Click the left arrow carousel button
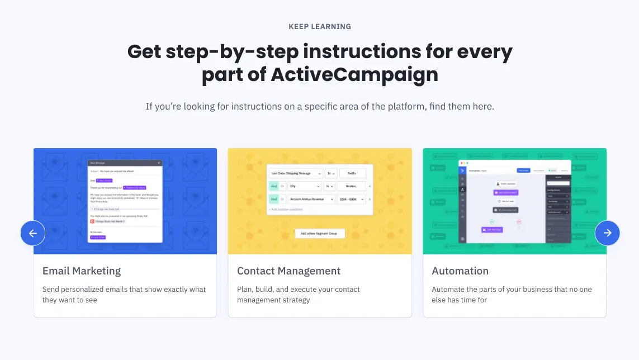pos(33,233)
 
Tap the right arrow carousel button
pos(607,233)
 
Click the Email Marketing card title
pos(82,271)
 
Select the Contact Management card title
pos(288,271)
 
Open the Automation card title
pos(460,271)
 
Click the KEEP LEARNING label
pos(320,26)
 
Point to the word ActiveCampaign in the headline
pos(354,74)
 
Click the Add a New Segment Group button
pos(320,233)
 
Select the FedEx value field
pos(352,173)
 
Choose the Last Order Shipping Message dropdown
pos(296,173)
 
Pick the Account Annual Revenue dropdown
pos(311,199)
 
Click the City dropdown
pos(304,186)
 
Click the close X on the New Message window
pos(159,163)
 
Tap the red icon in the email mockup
pos(92,221)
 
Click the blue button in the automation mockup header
pos(523,170)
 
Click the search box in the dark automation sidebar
pos(558,183)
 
